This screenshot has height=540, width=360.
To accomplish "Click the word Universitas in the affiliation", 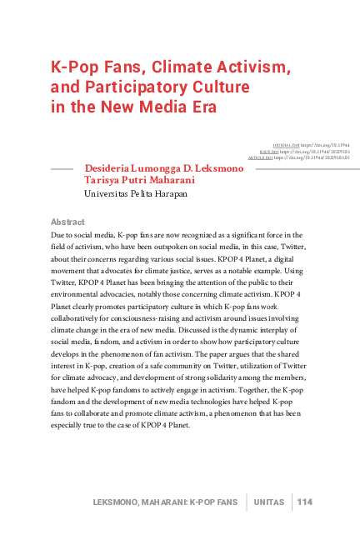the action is coord(108,194).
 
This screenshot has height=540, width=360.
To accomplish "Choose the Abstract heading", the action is coord(67,222).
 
